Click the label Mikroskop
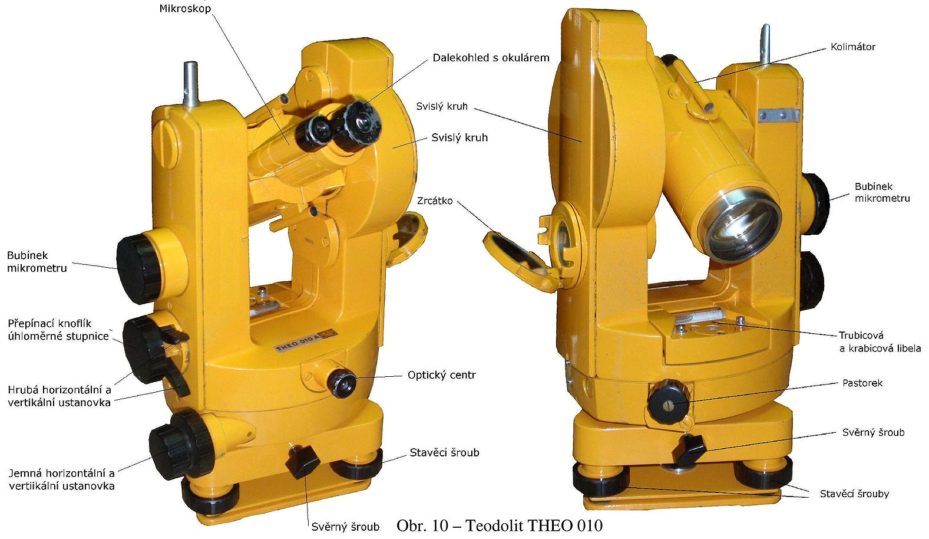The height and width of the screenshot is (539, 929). [185, 8]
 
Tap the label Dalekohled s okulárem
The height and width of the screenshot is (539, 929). [491, 58]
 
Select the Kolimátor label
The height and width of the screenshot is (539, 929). [852, 47]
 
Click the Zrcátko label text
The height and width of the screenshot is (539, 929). [435, 201]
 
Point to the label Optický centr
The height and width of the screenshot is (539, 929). [442, 375]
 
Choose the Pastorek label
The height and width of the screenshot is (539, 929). [862, 383]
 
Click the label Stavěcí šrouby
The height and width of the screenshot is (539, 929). [854, 494]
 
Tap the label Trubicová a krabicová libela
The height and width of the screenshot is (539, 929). [880, 342]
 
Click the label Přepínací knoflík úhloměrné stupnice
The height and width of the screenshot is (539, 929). [58, 330]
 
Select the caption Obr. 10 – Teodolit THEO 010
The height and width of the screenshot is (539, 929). [500, 525]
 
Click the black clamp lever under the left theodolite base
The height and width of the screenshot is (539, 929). [302, 462]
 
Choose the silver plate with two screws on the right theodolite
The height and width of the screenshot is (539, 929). [778, 114]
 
